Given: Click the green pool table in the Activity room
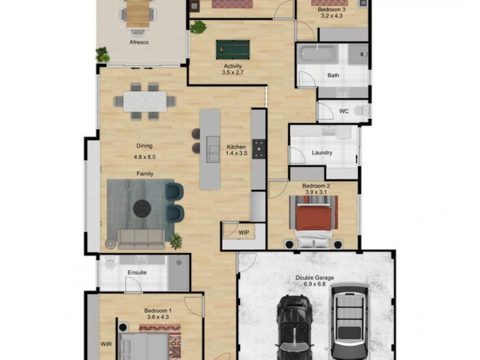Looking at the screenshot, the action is click(233, 50).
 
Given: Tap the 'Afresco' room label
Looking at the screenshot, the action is click(139, 42).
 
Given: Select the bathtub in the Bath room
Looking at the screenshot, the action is click(317, 54).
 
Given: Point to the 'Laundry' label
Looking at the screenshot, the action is click(322, 152).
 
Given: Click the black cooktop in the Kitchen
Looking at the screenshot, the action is click(259, 149).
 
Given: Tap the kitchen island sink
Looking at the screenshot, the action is click(213, 149).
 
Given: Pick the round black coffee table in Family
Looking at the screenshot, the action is click(142, 208).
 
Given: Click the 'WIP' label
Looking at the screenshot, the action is click(244, 233).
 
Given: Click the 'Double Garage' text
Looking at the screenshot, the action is click(314, 278).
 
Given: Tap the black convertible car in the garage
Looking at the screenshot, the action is click(295, 328).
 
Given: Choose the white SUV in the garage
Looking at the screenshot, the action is click(349, 322).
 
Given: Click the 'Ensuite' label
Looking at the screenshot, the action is click(137, 272).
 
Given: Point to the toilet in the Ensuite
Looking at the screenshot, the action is click(110, 263).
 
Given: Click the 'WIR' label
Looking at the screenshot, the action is click(106, 344).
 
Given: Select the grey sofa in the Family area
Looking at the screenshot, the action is click(141, 239).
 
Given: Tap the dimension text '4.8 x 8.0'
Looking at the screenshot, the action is click(145, 157).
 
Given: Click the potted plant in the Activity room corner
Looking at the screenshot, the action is click(198, 27).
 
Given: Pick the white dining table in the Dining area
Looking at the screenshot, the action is click(145, 101).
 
